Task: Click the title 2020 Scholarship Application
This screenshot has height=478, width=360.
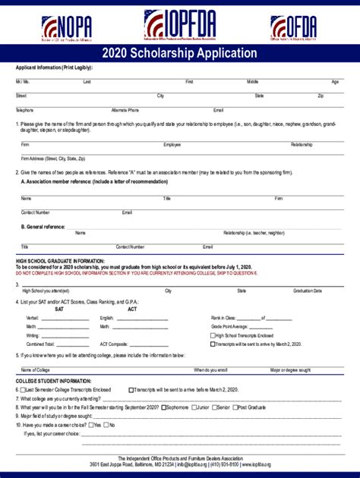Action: coord(180,53)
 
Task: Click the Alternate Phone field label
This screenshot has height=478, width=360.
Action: coord(125,110)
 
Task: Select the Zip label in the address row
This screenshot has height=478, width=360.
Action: coord(321,96)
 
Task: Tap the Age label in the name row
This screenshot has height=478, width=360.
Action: coord(335,81)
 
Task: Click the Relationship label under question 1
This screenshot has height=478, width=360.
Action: coord(302,144)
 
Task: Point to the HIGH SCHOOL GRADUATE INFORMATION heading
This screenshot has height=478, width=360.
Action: coord(61,260)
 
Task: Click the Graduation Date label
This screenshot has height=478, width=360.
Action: coord(308,291)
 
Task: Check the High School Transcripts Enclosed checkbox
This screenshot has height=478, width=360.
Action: coord(213,335)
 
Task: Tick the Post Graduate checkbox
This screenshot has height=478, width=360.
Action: coord(235,407)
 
